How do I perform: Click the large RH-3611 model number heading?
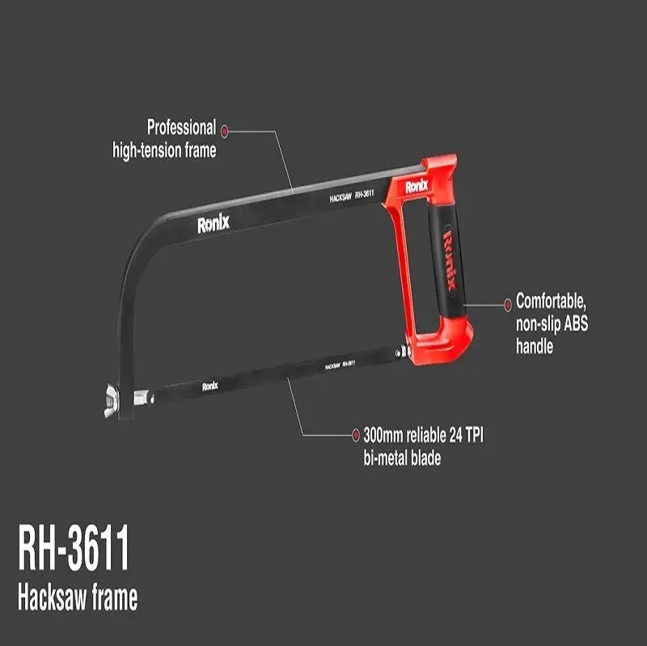point(74,548)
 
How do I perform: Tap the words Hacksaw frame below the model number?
point(78,597)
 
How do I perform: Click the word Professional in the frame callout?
point(181,128)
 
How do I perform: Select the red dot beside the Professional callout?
point(224,132)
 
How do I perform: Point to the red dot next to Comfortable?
point(508,305)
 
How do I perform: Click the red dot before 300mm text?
point(355,435)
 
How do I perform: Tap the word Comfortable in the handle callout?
point(551,302)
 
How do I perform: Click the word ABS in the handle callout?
point(576,323)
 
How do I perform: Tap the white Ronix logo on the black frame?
point(214,224)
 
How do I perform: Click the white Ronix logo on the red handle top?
point(417,187)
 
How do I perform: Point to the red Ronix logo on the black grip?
point(450,260)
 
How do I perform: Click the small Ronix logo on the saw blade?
point(210,386)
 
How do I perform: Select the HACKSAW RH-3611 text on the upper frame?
point(352,196)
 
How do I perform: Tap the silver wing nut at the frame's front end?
point(112,400)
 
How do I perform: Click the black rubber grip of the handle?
point(446,260)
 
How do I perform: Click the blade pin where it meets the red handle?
point(403,353)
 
